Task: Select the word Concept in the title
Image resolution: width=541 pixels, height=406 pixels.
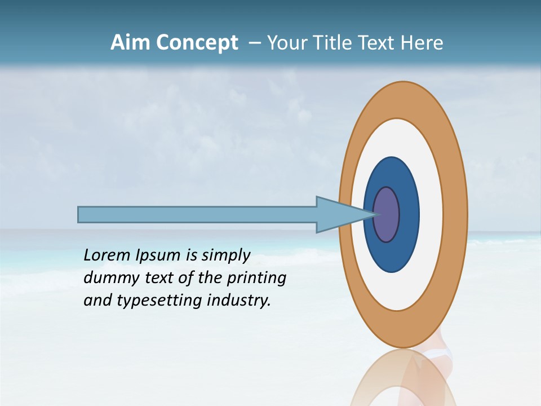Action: pyautogui.click(x=197, y=43)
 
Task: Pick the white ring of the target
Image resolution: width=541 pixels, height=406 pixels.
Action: pyautogui.click(x=431, y=214)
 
